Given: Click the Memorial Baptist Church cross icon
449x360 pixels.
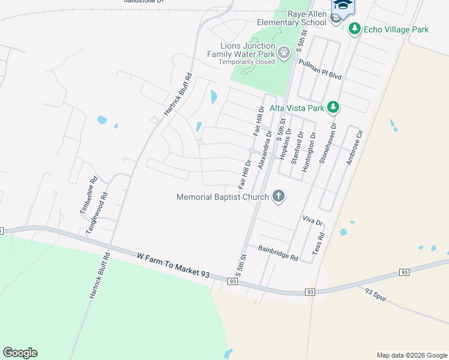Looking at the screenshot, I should (278, 196).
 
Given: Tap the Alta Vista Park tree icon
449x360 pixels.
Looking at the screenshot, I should (333, 108).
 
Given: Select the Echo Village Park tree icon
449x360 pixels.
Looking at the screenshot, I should (355, 29).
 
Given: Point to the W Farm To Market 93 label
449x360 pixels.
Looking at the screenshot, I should (173, 265).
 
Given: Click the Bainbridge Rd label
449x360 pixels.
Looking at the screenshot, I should (278, 253).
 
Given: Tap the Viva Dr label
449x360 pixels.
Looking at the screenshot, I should (313, 221).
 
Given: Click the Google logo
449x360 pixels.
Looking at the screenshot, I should (20, 353).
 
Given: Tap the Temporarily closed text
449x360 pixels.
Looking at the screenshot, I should (247, 62).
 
